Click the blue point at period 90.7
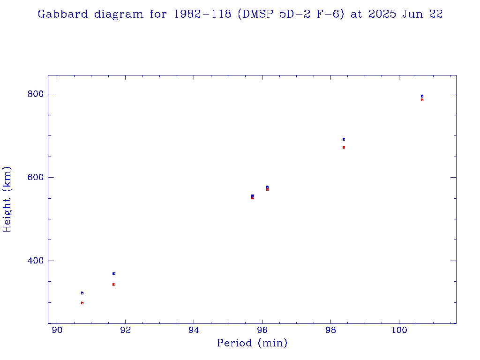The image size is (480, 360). [82, 293]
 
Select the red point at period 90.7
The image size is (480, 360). [82, 303]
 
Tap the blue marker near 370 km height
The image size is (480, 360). [113, 273]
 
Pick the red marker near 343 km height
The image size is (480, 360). [113, 285]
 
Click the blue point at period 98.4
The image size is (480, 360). [344, 139]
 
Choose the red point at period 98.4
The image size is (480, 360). [344, 148]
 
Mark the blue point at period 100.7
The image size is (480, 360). [422, 96]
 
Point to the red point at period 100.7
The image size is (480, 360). [422, 100]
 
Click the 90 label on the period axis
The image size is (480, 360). [57, 330]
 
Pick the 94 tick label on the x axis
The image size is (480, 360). [194, 330]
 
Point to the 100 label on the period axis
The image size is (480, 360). [399, 330]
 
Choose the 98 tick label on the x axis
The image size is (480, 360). [331, 330]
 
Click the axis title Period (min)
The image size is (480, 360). [252, 344]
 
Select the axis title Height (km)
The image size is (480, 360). [7, 199]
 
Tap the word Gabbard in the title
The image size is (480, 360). [62, 14]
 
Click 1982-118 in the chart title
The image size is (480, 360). [203, 14]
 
